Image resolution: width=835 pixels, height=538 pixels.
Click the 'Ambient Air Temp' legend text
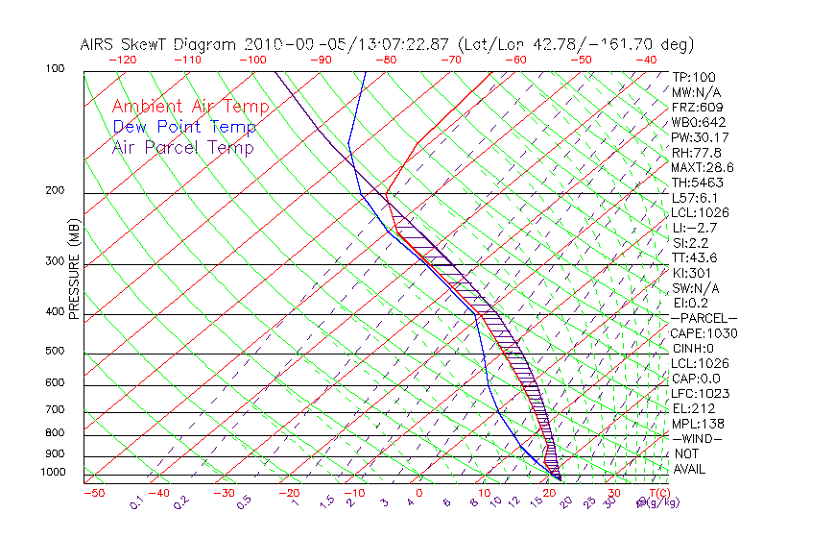[x=190, y=107]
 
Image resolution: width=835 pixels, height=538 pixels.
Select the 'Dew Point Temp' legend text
[x=184, y=127]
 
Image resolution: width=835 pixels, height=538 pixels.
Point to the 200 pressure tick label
[x=56, y=190]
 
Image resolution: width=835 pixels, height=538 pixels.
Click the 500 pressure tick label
[x=56, y=351]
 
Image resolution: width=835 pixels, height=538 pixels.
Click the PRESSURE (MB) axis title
[x=74, y=270]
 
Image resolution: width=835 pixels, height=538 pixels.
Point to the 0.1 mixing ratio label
[x=136, y=502]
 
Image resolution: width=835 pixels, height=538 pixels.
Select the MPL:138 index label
[x=699, y=424]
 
